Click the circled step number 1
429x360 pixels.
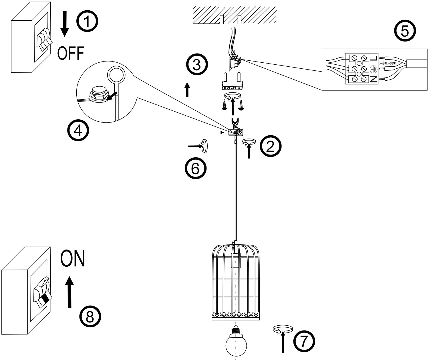(x=87, y=21)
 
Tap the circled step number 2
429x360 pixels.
(x=270, y=146)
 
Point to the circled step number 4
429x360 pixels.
(x=78, y=130)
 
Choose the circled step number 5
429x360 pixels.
(x=405, y=31)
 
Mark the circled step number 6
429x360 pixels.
(x=196, y=168)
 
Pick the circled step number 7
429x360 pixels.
(x=304, y=341)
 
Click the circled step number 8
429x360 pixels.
(x=90, y=317)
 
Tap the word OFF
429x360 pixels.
(x=71, y=53)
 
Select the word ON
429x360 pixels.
(x=73, y=258)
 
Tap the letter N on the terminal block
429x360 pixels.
(x=373, y=79)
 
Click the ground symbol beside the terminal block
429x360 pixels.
(x=373, y=69)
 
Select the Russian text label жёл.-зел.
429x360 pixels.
(x=388, y=63)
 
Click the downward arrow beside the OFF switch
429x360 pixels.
(x=65, y=24)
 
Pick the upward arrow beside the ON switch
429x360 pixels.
(x=69, y=292)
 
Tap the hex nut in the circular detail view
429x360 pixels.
(x=99, y=95)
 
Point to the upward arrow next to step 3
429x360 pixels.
(x=187, y=90)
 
